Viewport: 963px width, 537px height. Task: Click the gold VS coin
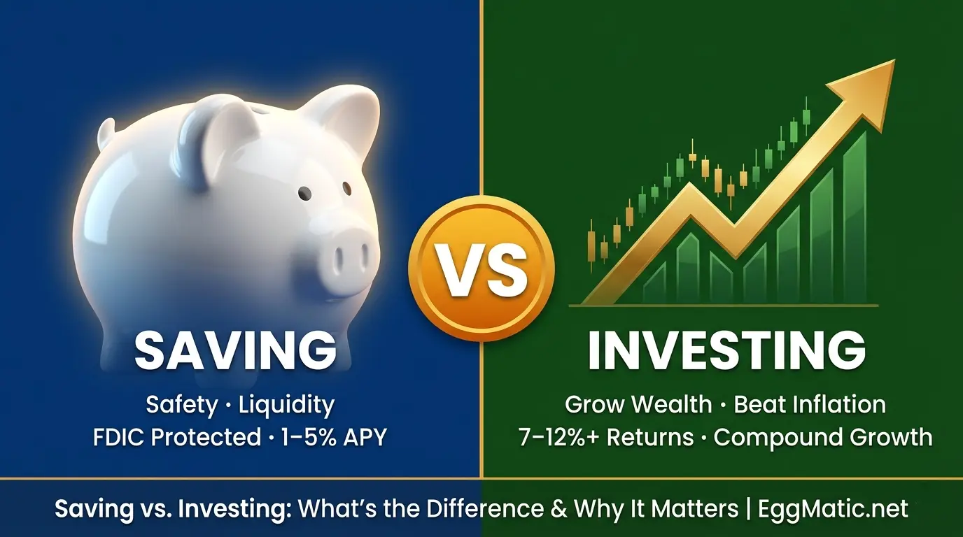click(481, 268)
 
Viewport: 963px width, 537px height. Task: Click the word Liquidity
click(286, 404)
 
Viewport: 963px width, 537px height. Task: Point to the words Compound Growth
click(823, 437)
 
